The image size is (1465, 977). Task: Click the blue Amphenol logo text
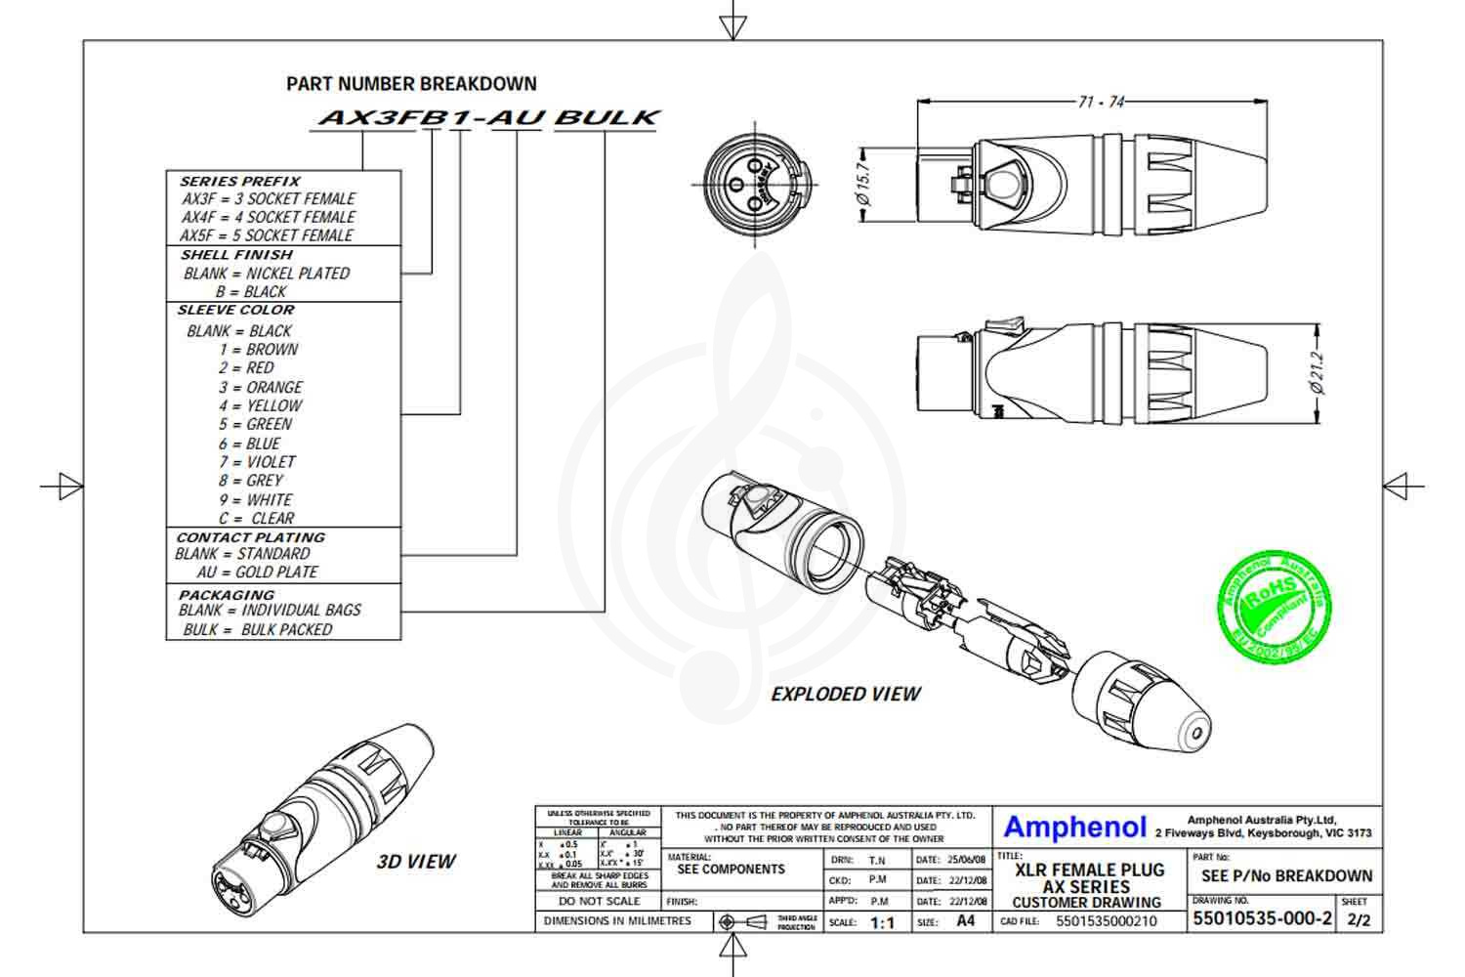coord(1074,828)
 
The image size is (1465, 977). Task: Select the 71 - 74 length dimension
coord(1101,102)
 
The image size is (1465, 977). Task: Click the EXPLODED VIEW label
coord(846,694)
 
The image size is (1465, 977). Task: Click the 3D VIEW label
coord(416,862)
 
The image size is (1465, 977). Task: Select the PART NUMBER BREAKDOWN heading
coord(411,84)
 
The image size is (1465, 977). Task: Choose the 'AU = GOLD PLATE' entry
coord(257,572)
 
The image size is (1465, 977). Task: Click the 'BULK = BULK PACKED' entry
coord(258,629)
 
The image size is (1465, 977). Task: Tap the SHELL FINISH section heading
coord(236,255)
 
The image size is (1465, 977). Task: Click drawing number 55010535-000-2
coord(1262,919)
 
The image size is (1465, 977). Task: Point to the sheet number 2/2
coord(1358,920)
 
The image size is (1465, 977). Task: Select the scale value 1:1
coord(882,922)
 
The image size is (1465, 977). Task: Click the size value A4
coord(965,921)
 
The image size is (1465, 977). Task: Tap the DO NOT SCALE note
coord(599,901)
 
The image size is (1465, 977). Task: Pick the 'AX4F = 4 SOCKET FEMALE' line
coord(268,217)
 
